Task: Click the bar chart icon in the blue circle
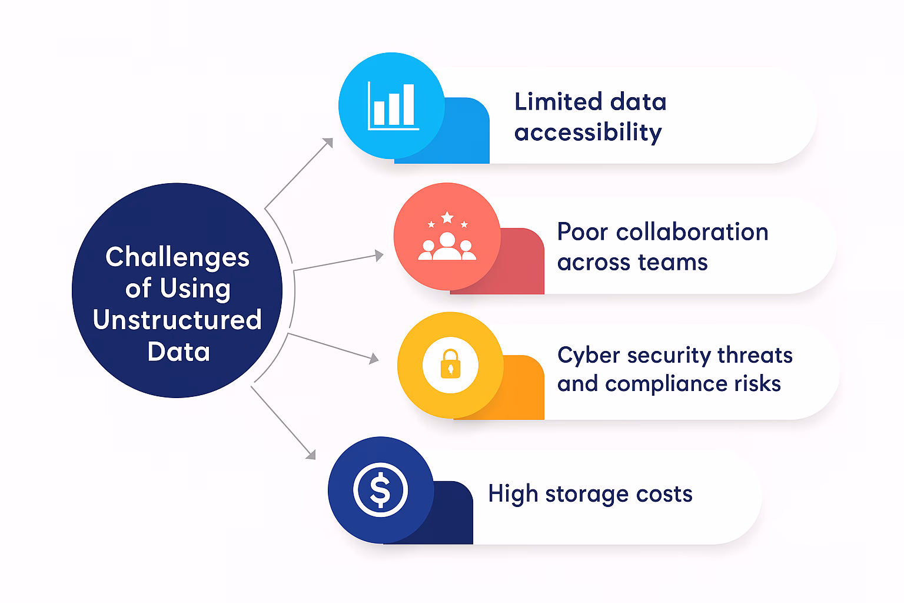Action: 393,106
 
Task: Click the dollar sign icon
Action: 380,490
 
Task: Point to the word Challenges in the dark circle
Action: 177,257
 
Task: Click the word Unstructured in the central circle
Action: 177,320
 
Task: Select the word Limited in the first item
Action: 558,102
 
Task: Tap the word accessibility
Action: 588,132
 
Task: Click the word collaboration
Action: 692,232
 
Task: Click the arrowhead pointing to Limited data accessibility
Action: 328,143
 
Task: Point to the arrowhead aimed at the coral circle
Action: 379,256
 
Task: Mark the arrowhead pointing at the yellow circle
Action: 374,358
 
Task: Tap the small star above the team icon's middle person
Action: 447,218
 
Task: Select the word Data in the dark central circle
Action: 178,352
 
